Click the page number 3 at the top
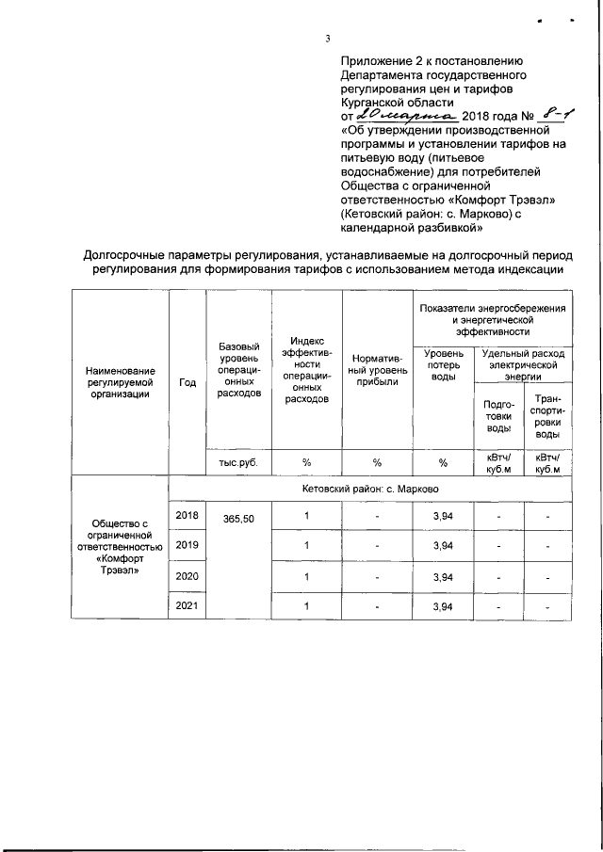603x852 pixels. pos(326,39)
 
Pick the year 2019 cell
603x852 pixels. pos(187,544)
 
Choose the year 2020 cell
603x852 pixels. pos(187,574)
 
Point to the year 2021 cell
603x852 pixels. pos(187,605)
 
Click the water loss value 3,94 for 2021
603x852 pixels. pos(443,606)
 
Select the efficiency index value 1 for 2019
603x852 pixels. pos(306,545)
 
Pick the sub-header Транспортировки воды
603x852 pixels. pos(545,416)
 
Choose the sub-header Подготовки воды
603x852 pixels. pos(498,416)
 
